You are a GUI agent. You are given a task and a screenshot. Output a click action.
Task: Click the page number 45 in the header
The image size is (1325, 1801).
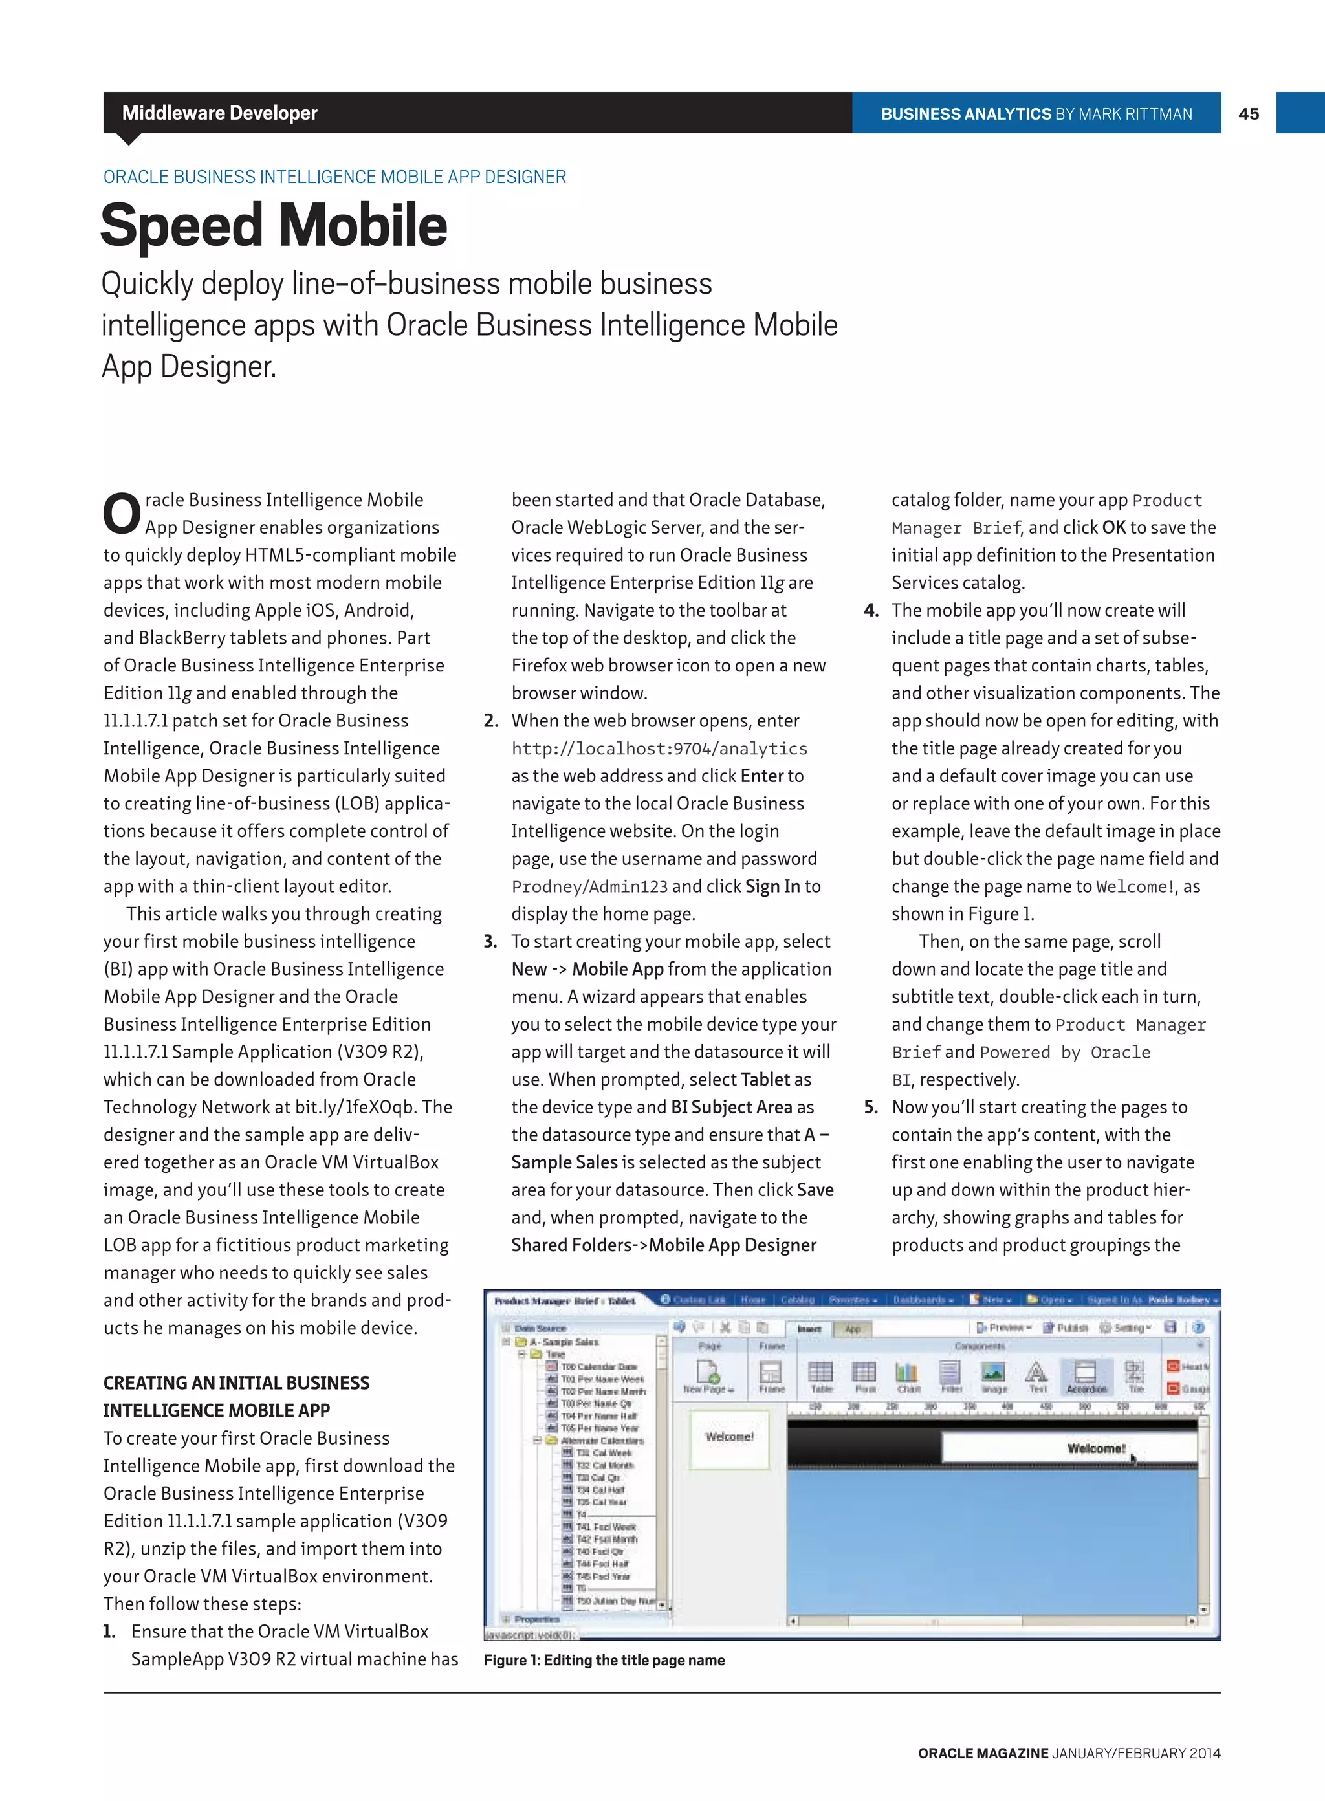(x=1248, y=114)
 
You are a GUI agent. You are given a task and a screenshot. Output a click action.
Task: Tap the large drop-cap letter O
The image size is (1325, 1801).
(x=122, y=514)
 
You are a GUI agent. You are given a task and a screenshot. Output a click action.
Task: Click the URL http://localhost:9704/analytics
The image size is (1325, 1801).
(x=659, y=748)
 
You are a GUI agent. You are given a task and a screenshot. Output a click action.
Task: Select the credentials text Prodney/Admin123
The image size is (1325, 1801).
(x=589, y=887)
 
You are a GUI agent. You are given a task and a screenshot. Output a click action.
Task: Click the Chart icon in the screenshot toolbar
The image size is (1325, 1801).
(x=907, y=1375)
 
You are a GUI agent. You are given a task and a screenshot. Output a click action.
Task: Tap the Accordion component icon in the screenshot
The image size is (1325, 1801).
(x=1086, y=1375)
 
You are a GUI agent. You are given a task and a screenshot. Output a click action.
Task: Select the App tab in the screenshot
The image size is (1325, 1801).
(x=853, y=1329)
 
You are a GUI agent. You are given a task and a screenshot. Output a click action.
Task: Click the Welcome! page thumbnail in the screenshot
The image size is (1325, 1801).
(x=729, y=1439)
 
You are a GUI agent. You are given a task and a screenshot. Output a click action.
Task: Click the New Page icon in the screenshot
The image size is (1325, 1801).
(x=708, y=1375)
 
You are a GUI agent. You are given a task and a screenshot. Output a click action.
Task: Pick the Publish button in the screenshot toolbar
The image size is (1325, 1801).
(x=1066, y=1328)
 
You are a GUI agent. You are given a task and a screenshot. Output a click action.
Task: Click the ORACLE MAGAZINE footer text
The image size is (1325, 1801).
(x=983, y=1753)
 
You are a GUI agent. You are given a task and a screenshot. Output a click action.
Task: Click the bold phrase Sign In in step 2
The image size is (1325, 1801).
(x=772, y=887)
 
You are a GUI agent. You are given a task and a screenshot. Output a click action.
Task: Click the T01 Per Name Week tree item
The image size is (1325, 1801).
(x=602, y=1379)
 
